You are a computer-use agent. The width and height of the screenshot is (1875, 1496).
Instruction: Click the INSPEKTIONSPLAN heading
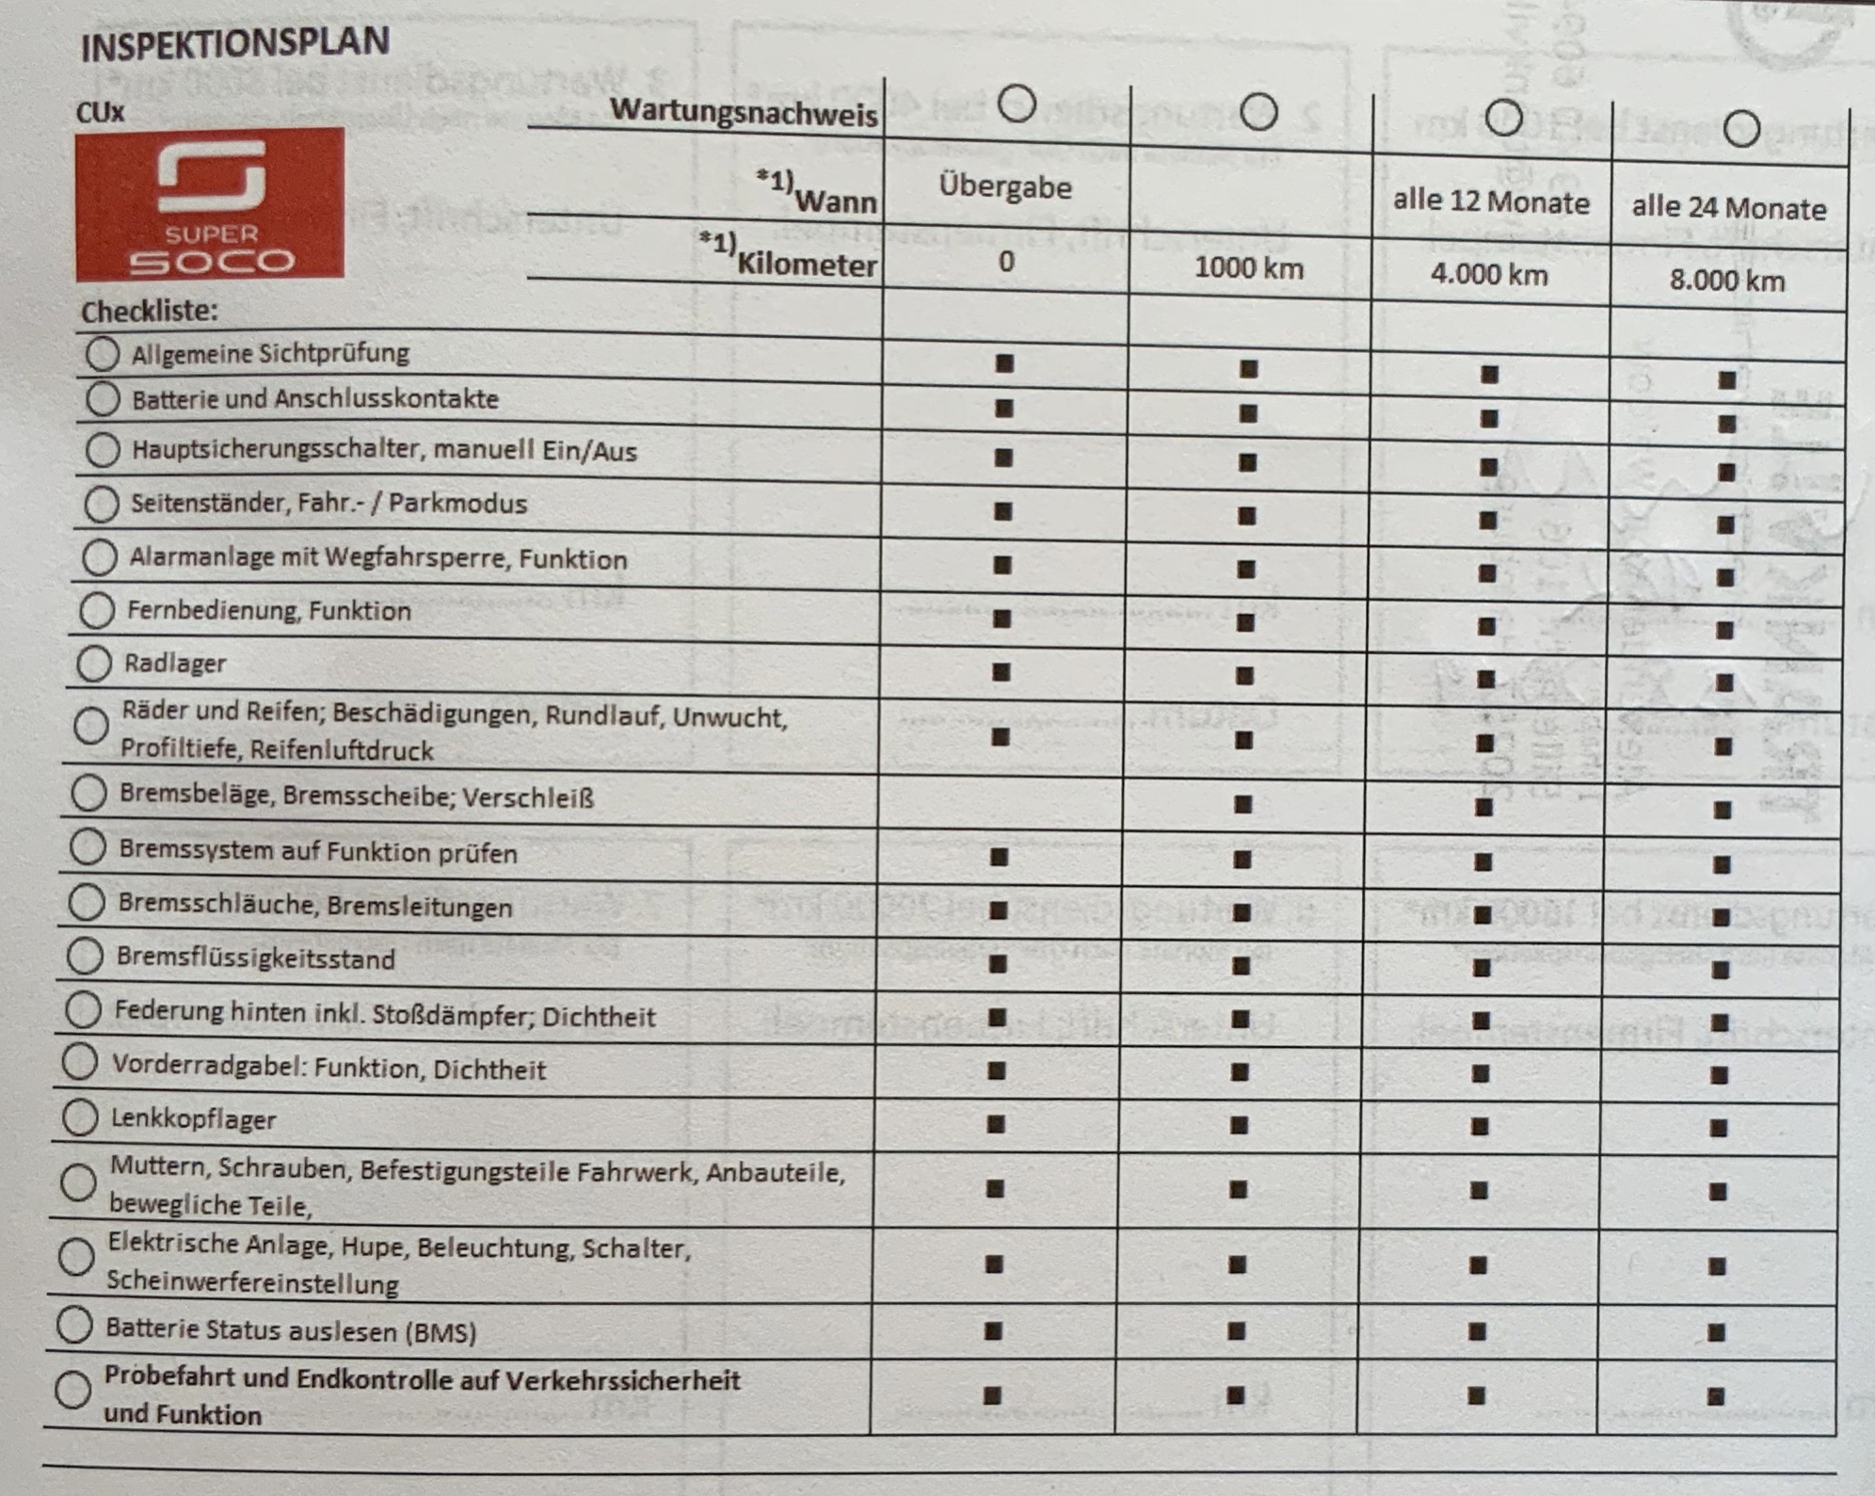point(234,43)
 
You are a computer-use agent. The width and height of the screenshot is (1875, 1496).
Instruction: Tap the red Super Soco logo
point(210,204)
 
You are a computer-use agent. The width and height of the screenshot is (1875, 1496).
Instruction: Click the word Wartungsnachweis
point(743,112)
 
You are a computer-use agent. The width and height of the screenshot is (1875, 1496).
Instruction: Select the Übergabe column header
point(1004,187)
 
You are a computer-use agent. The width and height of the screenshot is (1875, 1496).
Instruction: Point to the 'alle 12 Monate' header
point(1490,201)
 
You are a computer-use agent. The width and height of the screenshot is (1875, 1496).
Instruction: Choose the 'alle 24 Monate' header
point(1728,208)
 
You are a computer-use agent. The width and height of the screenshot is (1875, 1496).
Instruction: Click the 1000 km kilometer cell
point(1248,268)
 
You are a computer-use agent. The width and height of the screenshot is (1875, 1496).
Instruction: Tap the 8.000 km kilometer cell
point(1726,281)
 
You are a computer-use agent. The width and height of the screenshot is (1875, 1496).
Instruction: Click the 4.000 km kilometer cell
point(1488,274)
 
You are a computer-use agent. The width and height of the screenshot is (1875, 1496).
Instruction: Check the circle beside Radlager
point(94,663)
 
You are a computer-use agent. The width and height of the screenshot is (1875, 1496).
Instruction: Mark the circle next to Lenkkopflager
point(81,1118)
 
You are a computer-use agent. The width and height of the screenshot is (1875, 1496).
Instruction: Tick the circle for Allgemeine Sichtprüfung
point(103,354)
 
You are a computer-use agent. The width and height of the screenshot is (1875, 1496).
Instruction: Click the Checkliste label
point(149,312)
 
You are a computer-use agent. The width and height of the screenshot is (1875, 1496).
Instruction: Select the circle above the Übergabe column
point(1017,103)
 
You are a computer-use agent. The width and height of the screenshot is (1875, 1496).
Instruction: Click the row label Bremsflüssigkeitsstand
point(255,958)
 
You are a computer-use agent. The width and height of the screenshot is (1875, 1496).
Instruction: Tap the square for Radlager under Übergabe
point(1002,672)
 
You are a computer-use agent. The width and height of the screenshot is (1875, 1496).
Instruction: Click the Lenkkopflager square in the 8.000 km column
point(1719,1127)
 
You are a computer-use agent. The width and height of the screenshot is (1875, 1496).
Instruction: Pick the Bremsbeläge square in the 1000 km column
point(1242,804)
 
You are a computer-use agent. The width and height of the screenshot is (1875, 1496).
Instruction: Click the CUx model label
point(100,113)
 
